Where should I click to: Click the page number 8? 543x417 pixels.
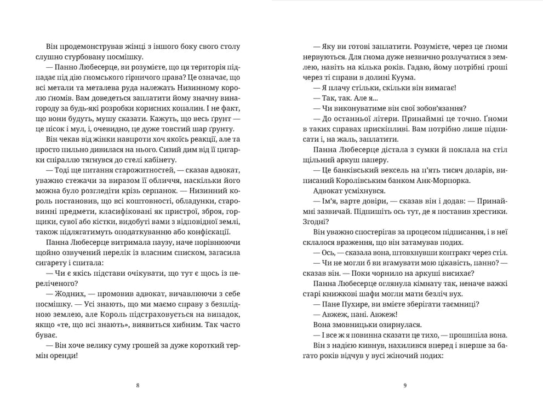point(137,385)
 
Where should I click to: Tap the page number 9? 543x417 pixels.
point(405,385)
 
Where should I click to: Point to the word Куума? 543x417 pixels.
point(433,78)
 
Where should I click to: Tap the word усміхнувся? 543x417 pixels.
point(365,192)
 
